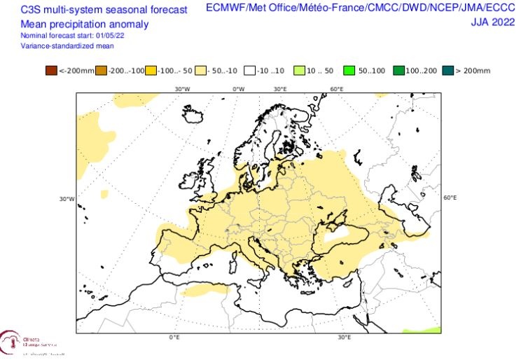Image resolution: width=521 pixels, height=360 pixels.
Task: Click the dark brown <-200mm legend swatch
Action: (x=51, y=70)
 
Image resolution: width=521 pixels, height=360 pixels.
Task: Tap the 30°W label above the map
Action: (x=182, y=89)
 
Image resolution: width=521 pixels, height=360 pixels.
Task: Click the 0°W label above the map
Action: (x=238, y=89)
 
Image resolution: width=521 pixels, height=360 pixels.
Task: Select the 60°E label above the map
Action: (x=336, y=89)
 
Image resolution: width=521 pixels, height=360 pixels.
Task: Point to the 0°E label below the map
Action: (x=174, y=338)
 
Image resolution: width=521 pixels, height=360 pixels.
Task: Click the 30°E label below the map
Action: (x=344, y=338)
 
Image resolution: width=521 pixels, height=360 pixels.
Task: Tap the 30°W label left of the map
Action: (x=67, y=199)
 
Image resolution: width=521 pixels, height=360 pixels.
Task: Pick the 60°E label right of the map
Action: (x=450, y=198)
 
